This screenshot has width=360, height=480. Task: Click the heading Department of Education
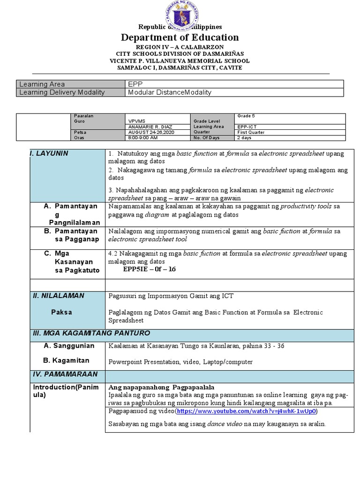(180, 37)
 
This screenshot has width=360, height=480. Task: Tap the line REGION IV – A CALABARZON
(180, 47)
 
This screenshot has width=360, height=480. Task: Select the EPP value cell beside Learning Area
(134, 84)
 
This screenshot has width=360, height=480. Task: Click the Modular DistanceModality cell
(170, 92)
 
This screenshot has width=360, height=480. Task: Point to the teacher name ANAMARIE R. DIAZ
(148, 127)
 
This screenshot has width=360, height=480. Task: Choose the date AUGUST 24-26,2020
(147, 132)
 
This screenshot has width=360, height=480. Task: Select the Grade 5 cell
(246, 116)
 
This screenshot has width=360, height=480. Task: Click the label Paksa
(61, 312)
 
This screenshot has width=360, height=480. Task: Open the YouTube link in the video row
(246, 411)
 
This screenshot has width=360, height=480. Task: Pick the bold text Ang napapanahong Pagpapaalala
(161, 387)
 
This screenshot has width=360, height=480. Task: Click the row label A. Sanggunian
(69, 346)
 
